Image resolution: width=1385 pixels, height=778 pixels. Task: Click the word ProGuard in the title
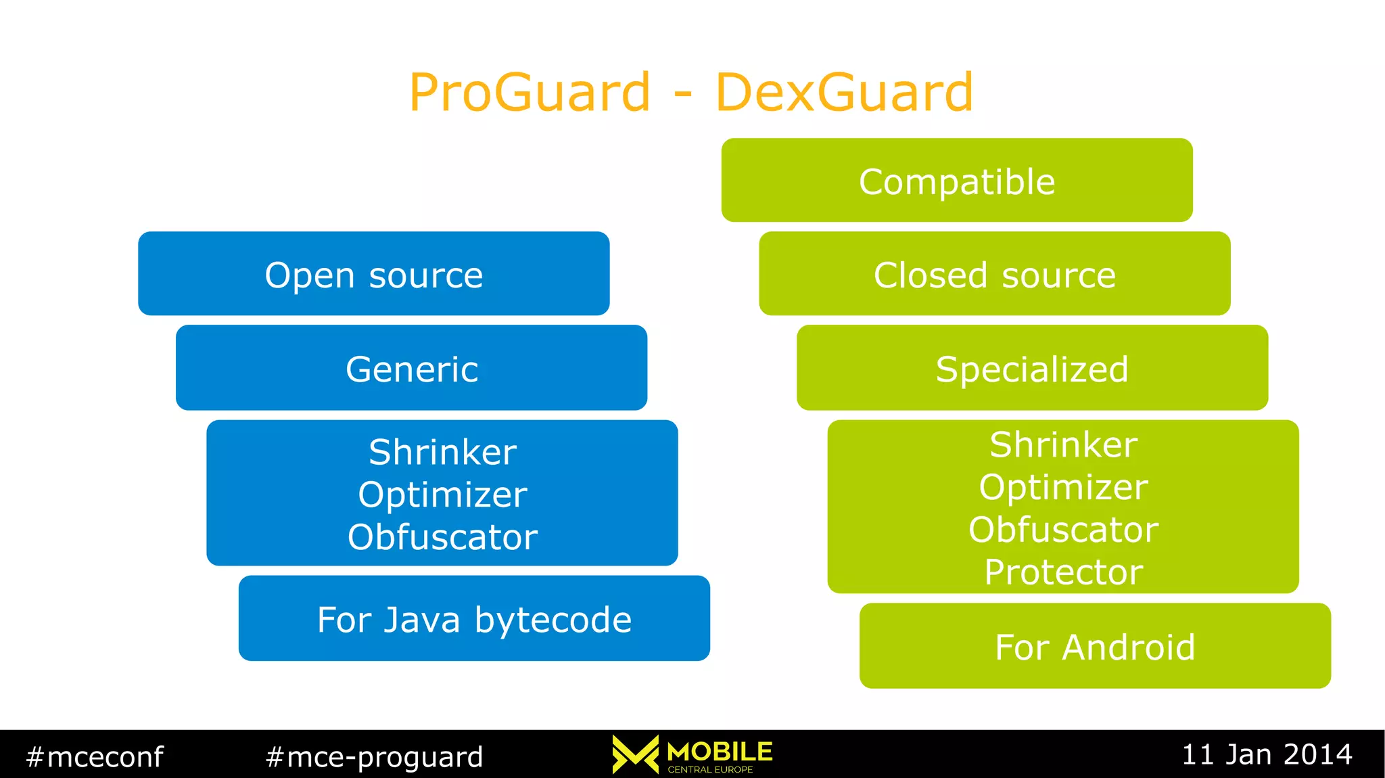click(x=530, y=93)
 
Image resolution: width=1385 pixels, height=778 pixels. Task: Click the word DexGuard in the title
click(x=844, y=93)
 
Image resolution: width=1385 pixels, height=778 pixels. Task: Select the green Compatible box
click(x=956, y=181)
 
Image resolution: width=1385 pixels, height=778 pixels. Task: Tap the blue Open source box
click(x=373, y=274)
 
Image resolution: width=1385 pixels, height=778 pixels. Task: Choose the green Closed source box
click(x=994, y=274)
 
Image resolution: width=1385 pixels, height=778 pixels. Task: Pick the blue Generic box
click(x=411, y=368)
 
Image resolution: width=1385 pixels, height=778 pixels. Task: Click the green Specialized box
click(x=1032, y=368)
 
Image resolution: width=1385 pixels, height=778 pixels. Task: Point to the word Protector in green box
click(x=1063, y=572)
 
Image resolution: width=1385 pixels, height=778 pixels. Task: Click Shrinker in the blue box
click(x=442, y=452)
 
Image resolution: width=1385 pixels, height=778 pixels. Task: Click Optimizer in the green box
click(x=1063, y=487)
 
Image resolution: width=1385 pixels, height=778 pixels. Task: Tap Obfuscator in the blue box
click(x=442, y=537)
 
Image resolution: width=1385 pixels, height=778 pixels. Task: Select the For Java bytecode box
click(x=474, y=618)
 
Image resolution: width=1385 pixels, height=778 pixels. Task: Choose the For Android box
click(x=1095, y=646)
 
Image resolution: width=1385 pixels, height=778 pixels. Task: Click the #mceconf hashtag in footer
click(x=95, y=756)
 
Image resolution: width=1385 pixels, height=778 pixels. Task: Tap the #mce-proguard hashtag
click(x=374, y=756)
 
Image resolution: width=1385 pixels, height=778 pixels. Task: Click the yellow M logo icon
click(x=635, y=754)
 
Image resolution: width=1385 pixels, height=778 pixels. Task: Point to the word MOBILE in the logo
click(x=720, y=751)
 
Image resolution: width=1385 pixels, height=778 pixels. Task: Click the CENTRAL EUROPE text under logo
click(x=710, y=769)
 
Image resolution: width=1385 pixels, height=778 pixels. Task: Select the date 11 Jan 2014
click(x=1266, y=754)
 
